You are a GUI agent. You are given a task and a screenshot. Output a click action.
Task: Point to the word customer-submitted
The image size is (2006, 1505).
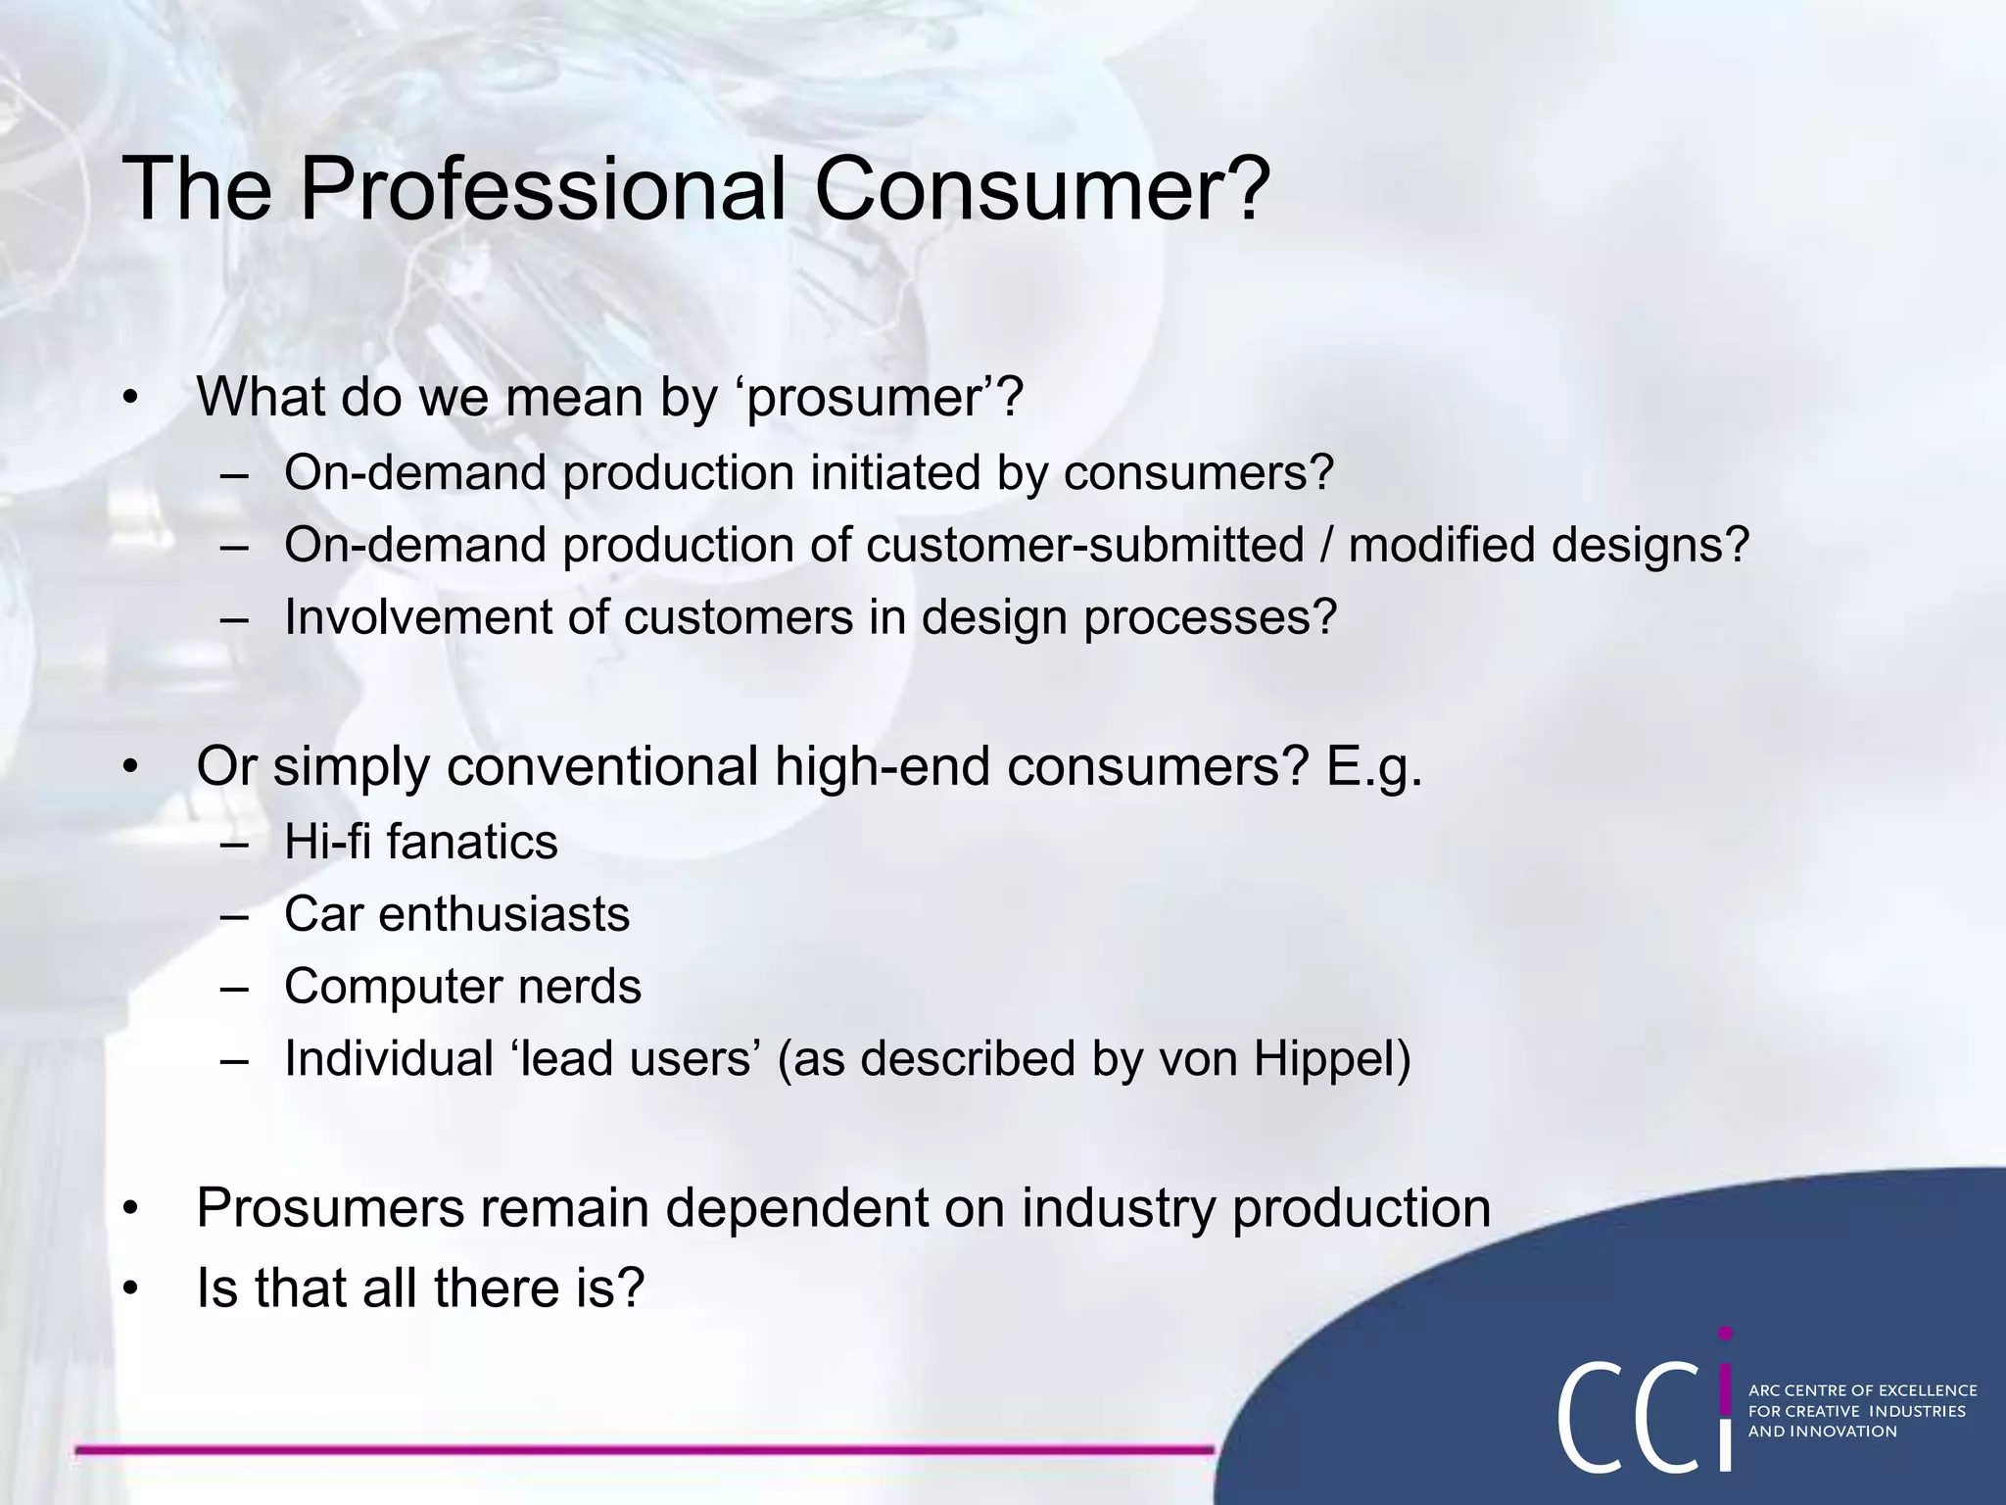point(1085,545)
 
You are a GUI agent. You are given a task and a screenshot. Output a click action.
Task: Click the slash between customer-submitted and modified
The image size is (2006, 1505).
point(1326,545)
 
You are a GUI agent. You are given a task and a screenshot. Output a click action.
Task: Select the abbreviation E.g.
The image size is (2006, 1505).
point(1373,768)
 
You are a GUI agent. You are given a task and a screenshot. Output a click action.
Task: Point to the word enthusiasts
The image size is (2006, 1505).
point(503,914)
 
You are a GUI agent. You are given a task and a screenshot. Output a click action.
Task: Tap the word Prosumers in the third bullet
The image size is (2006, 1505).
point(330,1208)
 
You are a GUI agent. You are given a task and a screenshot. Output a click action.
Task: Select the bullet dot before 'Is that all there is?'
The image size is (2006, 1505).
point(131,1289)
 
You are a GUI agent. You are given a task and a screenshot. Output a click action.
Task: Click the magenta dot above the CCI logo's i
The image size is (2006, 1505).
point(1726,1334)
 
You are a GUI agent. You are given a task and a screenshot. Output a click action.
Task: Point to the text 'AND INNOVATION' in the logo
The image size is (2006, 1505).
point(1823,1432)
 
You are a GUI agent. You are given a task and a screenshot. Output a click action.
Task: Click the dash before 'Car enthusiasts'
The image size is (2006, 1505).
point(235,915)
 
